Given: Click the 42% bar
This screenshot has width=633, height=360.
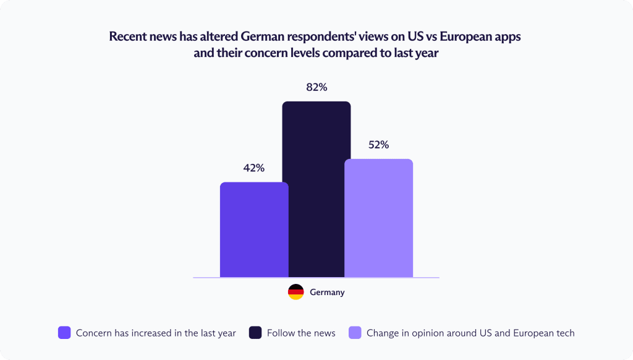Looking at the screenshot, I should click(x=254, y=229).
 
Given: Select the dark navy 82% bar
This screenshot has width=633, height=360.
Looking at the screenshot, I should click(x=316, y=189).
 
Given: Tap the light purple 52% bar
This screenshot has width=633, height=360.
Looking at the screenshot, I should click(x=378, y=218).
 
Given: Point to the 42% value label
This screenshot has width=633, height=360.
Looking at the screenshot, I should click(x=254, y=168).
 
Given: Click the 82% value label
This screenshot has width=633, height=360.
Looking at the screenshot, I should click(x=316, y=87).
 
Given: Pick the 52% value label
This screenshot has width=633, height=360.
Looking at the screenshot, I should click(x=378, y=145).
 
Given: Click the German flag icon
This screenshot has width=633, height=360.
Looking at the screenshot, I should click(x=296, y=292).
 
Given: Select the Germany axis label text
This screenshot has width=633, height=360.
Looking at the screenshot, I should click(x=327, y=292).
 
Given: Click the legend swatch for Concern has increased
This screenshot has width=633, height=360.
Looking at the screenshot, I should click(x=64, y=333).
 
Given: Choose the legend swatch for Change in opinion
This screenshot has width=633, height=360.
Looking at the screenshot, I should click(x=355, y=333).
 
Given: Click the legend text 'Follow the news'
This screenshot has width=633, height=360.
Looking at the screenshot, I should click(x=301, y=333).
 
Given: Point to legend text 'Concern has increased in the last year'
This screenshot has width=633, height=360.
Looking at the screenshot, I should click(x=156, y=333).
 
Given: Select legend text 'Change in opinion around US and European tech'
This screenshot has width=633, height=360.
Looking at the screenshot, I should click(x=470, y=333).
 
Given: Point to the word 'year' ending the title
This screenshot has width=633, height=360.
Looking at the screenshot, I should click(x=425, y=53).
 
